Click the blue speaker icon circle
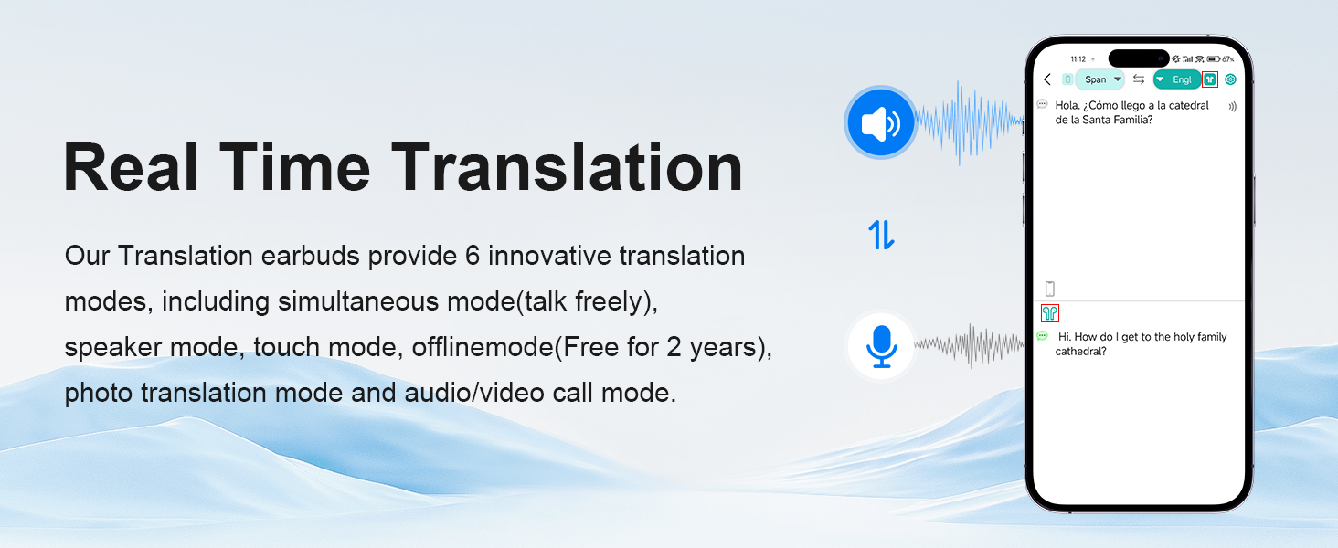pyautogui.click(x=880, y=122)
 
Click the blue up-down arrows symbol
pyautogui.click(x=881, y=235)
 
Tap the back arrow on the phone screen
pyautogui.click(x=1047, y=79)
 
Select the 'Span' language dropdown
pyautogui.click(x=1100, y=79)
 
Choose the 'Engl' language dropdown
pyautogui.click(x=1177, y=79)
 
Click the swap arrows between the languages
pyautogui.click(x=1139, y=79)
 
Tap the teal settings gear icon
pyautogui.click(x=1230, y=79)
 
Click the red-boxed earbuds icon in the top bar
pyautogui.click(x=1210, y=79)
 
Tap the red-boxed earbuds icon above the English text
pyautogui.click(x=1050, y=312)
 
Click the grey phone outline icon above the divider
pyautogui.click(x=1050, y=289)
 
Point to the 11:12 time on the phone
pyautogui.click(x=1078, y=59)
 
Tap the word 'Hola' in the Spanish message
pyautogui.click(x=1067, y=106)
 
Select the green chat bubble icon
pyautogui.click(x=1042, y=336)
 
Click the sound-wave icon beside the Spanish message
pyautogui.click(x=1232, y=107)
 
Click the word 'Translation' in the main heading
pyautogui.click(x=567, y=168)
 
